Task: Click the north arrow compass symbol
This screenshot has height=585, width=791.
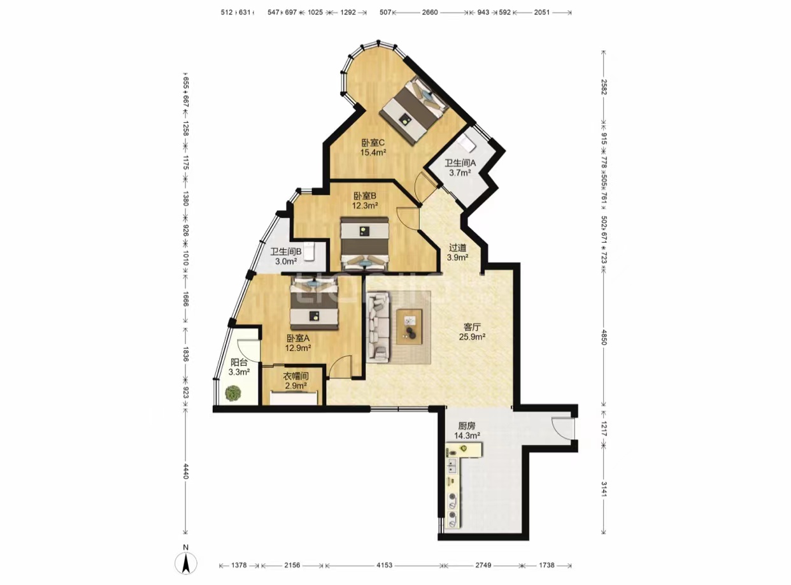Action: [x=186, y=563]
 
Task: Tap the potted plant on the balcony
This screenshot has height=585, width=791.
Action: [x=233, y=393]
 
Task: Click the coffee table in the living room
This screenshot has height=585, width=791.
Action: [x=409, y=327]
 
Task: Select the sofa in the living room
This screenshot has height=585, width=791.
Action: [x=378, y=326]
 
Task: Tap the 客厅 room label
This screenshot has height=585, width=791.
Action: [x=472, y=326]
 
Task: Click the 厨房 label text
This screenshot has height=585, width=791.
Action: [x=466, y=426]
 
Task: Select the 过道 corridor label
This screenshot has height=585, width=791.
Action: [x=457, y=247]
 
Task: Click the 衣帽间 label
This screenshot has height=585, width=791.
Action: [x=296, y=376]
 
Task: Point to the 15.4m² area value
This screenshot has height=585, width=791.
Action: [x=373, y=153]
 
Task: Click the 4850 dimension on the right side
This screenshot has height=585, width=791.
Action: [x=603, y=337]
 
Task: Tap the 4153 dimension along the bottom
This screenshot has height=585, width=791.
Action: [x=385, y=565]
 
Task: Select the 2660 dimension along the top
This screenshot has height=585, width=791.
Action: [x=430, y=13]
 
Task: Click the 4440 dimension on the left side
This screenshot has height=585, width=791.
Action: [x=185, y=472]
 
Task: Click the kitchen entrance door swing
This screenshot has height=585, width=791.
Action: [x=562, y=428]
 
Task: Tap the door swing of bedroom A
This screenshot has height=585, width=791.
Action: [x=341, y=366]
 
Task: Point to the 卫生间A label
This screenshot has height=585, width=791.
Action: [x=460, y=163]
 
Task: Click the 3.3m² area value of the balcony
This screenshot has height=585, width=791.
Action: [x=239, y=372]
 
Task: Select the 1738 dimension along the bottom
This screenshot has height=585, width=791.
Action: [x=546, y=565]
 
